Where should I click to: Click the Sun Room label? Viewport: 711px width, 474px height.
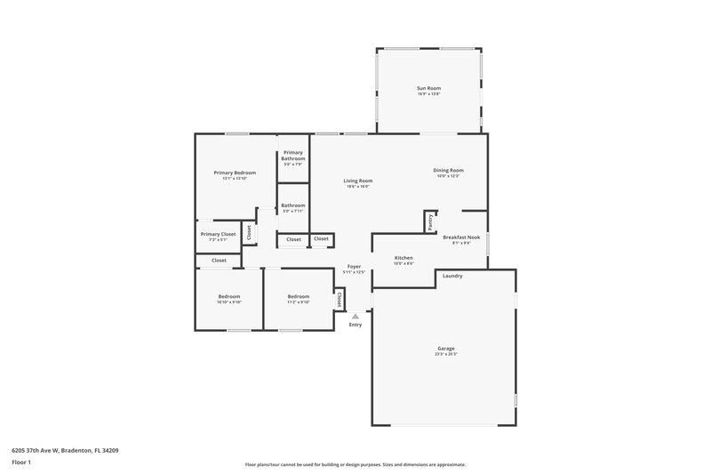pos(429,88)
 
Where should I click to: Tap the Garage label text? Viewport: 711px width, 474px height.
pos(445,348)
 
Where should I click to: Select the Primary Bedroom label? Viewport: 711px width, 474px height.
pos(235,172)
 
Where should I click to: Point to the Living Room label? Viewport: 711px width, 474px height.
pos(358,181)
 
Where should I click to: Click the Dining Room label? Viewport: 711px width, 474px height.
pos(448,170)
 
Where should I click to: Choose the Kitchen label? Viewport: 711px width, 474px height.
pos(403,257)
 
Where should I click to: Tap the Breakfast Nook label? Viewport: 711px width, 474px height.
pos(461,237)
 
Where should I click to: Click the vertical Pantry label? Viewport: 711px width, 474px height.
pos(430,222)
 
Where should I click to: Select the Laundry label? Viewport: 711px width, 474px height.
pos(452,276)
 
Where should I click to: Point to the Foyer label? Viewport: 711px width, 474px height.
pos(354,267)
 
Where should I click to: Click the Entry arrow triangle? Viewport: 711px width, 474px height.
pos(355,315)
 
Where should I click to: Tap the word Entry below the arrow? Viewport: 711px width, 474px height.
pos(355,325)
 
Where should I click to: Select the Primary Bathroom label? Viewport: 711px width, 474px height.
pos(293,156)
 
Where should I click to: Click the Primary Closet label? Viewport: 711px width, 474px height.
pos(218,234)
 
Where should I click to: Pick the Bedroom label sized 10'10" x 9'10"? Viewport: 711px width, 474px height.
pos(229,296)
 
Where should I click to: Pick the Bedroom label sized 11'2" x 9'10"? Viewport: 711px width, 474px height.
pos(299,296)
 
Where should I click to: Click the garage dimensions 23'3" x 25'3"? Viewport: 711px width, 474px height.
pos(445,355)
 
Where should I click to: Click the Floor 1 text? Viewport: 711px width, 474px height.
pos(21,463)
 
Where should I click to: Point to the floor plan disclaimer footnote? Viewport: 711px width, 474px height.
pos(355,464)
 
